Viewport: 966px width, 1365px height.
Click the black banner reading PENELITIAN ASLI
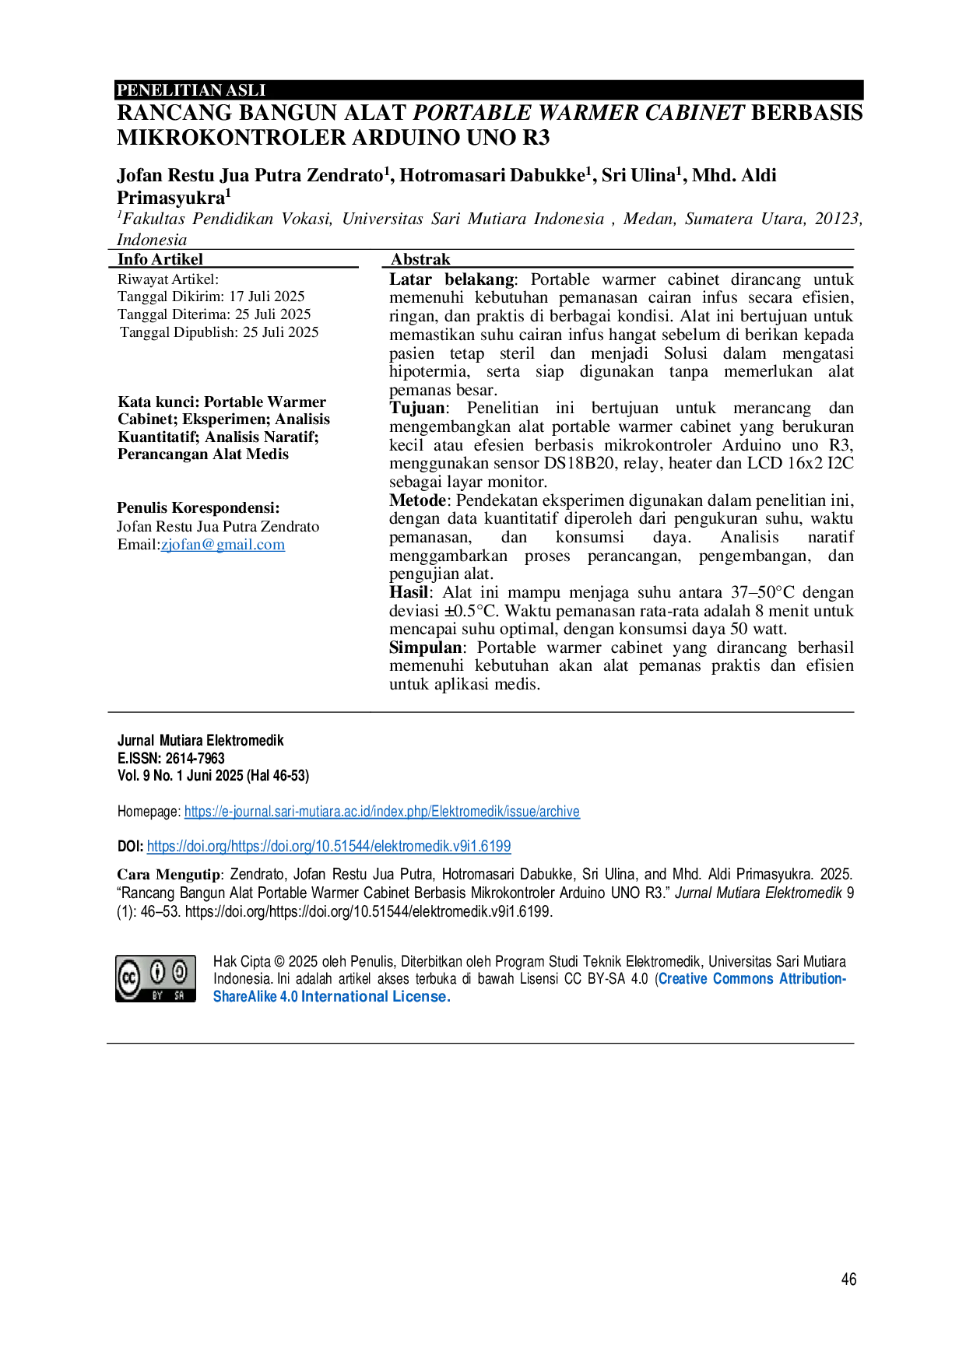490,89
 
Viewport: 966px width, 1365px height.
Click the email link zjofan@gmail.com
223,545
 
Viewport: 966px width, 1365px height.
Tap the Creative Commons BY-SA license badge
156,978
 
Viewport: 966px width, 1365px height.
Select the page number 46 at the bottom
848,1279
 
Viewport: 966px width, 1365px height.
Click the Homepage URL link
382,812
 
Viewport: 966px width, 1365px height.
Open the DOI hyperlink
329,846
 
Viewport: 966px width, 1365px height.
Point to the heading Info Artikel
160,259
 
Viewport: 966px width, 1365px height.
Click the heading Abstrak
420,259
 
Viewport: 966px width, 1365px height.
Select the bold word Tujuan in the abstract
417,408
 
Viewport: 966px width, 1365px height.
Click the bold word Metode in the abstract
418,500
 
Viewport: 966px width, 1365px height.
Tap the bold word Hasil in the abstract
409,592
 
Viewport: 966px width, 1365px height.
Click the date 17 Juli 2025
267,297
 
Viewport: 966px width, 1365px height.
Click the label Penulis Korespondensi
198,507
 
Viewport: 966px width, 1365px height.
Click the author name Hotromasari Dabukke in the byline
492,175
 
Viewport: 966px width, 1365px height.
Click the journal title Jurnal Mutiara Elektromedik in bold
201,740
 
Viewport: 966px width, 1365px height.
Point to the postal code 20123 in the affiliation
836,219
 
